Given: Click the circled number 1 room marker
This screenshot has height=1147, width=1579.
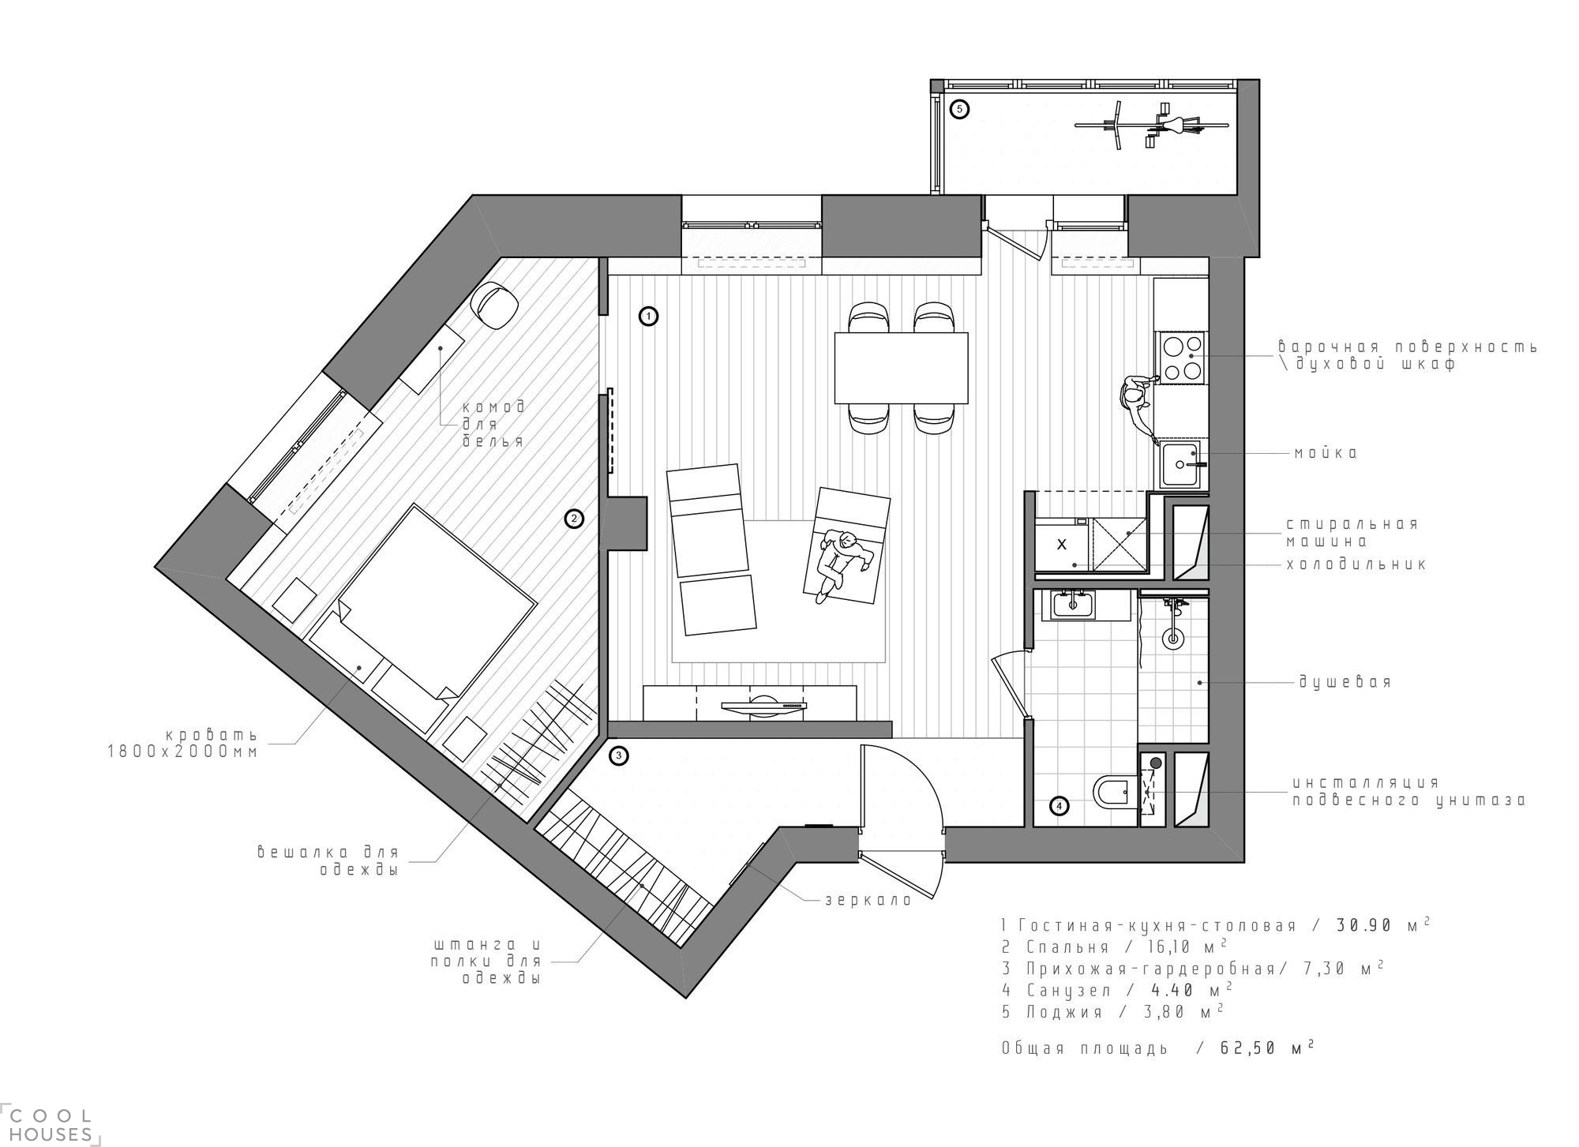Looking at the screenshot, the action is point(648,317).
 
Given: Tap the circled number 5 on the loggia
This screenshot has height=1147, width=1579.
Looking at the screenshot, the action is point(959,110).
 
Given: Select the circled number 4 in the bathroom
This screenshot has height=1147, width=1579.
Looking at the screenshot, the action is point(1060,806).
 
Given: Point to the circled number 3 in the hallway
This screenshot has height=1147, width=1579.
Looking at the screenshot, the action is point(620,755).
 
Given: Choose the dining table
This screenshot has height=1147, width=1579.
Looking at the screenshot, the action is point(902,367).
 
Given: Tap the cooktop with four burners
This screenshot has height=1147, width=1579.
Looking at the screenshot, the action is point(1182,358).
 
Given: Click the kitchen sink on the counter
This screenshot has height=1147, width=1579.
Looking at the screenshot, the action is point(1181,465).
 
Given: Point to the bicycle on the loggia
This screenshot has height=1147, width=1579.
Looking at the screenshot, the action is point(1151,126).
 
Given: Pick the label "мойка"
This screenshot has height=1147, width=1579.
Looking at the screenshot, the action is point(1326,454).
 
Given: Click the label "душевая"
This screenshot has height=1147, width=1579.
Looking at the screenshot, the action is point(1345,682).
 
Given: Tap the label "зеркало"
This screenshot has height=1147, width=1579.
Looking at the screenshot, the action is point(868,900).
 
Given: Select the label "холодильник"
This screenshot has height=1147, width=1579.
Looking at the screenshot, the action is point(1356,564).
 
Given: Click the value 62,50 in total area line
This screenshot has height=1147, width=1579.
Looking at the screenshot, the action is point(1248,1048).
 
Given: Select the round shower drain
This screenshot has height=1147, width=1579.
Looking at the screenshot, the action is point(1173,638).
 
